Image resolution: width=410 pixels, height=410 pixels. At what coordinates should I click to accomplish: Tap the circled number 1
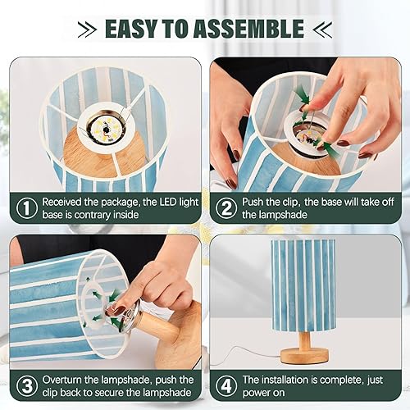point(27,207)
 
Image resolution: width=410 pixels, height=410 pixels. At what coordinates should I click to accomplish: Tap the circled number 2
point(224,207)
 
